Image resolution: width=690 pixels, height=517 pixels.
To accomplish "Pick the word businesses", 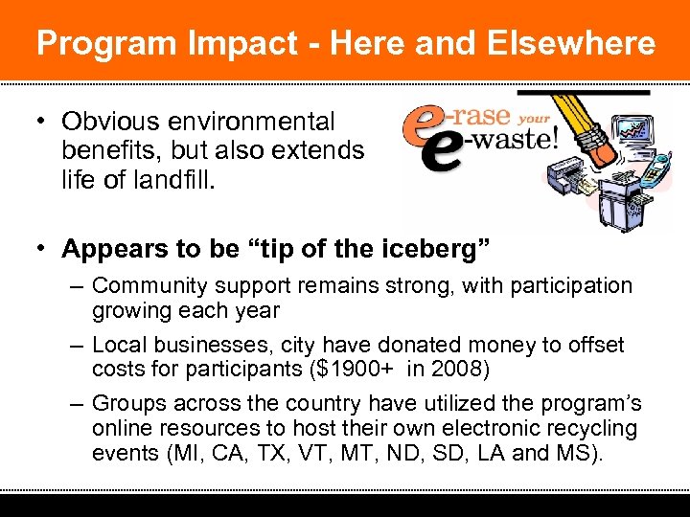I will tap(194, 345).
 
